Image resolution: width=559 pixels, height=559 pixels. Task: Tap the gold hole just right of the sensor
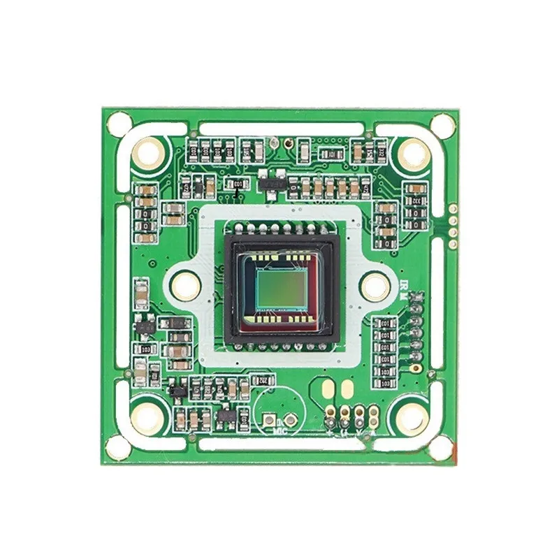click(375, 284)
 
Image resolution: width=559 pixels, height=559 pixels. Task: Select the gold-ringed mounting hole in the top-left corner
click(149, 152)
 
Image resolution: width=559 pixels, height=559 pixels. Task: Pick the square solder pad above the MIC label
click(268, 421)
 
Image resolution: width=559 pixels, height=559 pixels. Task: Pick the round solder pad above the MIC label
click(286, 421)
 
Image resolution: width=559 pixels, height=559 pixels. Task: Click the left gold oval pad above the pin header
click(326, 388)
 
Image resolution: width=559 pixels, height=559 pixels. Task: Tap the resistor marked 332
click(417, 201)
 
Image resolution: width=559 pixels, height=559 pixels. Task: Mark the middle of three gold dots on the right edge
click(453, 216)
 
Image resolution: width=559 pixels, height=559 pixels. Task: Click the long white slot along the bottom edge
click(279, 442)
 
